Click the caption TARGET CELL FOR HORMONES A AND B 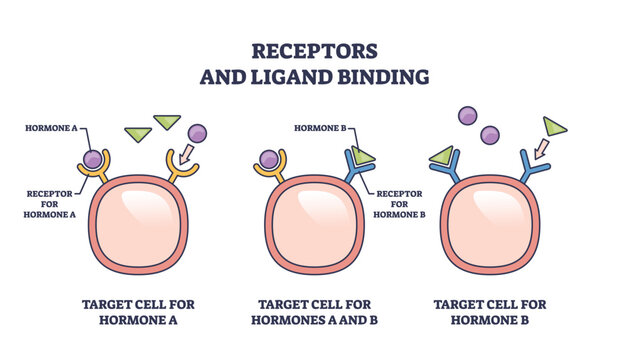(x=315, y=312)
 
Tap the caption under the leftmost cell (x=140, y=312)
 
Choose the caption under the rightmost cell (x=490, y=312)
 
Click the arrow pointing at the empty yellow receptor (x=186, y=153)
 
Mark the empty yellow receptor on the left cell (x=183, y=170)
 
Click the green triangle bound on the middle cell (x=361, y=155)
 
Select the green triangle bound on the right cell (x=441, y=155)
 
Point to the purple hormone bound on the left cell (x=94, y=158)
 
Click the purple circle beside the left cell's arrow (x=197, y=132)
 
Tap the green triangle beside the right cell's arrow (x=554, y=126)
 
